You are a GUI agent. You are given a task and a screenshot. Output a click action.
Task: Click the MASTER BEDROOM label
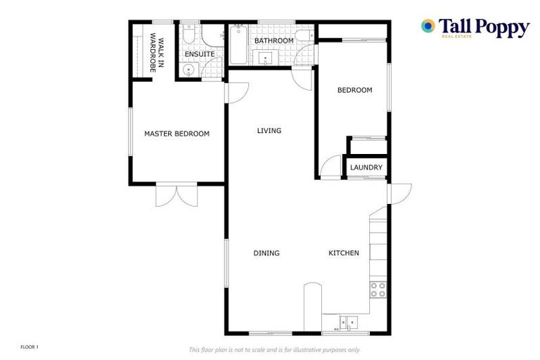[176, 134]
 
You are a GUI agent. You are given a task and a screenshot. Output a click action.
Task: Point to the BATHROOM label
[274, 41]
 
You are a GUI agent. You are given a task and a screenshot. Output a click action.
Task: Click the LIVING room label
[269, 131]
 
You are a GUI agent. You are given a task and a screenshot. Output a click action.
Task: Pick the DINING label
[266, 253]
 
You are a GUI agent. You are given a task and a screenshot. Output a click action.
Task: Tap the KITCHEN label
[344, 253]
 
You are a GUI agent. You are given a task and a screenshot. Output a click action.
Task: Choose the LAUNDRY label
[366, 167]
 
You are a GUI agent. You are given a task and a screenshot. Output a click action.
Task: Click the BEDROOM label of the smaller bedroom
[354, 90]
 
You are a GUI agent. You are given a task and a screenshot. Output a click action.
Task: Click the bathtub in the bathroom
[236, 44]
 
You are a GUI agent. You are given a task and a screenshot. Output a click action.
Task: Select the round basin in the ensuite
[186, 70]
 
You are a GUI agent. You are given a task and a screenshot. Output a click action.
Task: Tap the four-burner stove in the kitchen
[378, 289]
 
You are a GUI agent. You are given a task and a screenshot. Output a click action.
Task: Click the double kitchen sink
[347, 323]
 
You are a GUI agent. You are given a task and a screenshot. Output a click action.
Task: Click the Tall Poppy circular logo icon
[427, 26]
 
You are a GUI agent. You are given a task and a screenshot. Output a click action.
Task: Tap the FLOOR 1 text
[29, 347]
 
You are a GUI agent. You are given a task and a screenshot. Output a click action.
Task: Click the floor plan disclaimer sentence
[274, 349]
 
